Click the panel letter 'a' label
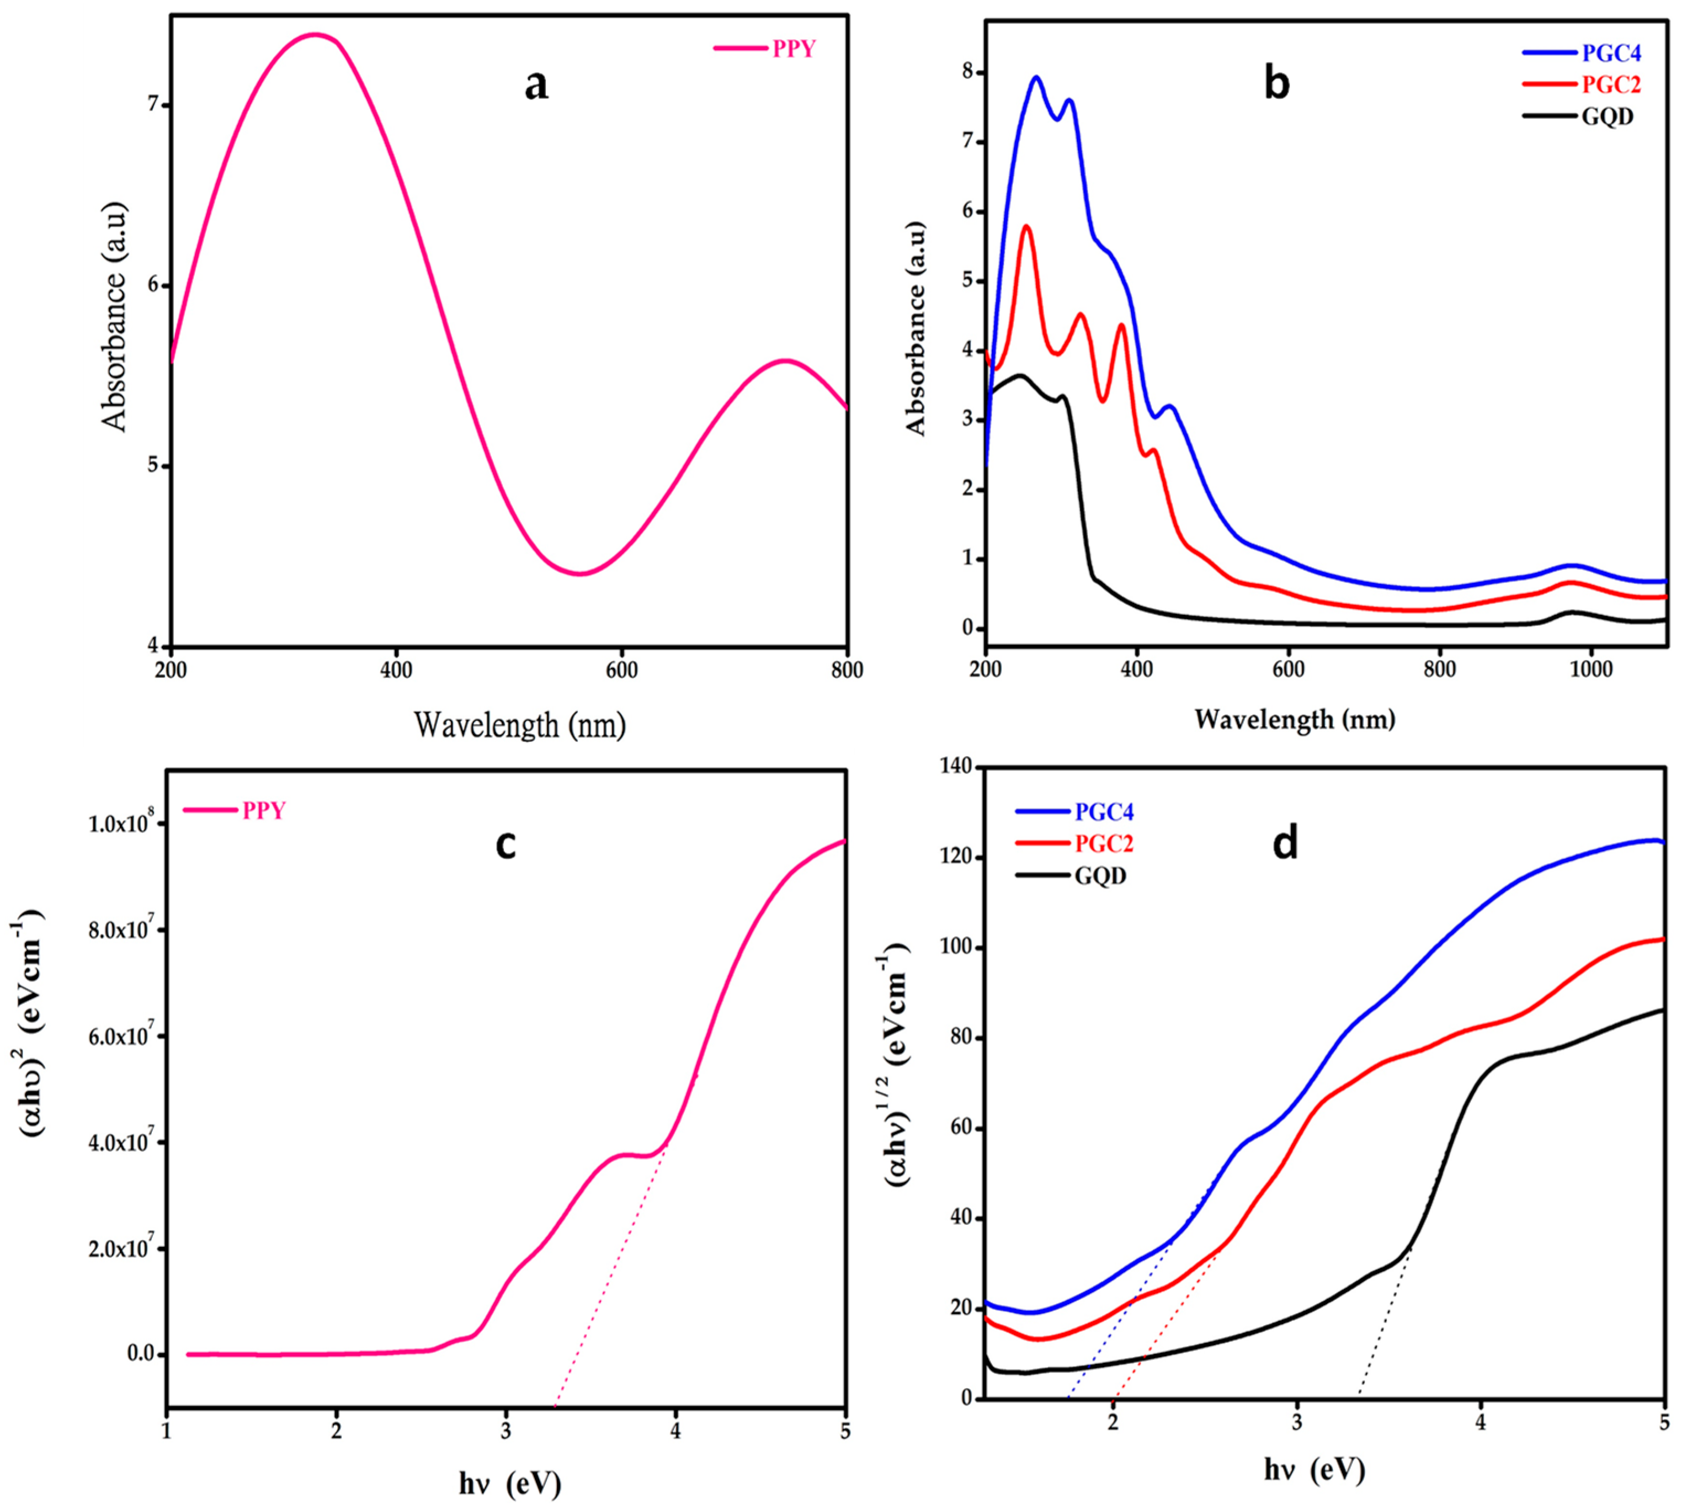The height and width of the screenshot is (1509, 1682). [536, 86]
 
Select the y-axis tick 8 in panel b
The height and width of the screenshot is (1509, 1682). [967, 73]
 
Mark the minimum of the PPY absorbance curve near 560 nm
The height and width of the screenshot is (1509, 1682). [581, 574]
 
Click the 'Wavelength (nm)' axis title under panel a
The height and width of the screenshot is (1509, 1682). [520, 725]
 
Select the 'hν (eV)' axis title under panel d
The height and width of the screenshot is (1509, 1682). [1315, 1470]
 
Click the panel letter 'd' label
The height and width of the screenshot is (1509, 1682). [1285, 844]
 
